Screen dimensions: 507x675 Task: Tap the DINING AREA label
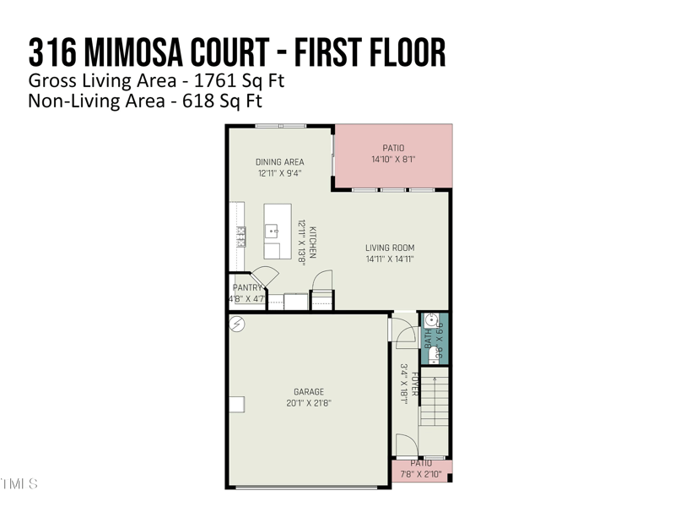click(x=279, y=162)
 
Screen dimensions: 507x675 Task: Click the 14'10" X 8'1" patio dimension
click(x=393, y=159)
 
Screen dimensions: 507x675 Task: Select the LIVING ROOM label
click(x=390, y=248)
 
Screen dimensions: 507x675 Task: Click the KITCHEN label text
click(x=311, y=242)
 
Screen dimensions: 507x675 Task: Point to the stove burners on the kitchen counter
click(x=241, y=235)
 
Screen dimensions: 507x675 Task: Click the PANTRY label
click(x=247, y=288)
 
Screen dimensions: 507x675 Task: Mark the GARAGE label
click(x=309, y=391)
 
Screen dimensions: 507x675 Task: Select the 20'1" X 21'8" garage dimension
click(x=309, y=403)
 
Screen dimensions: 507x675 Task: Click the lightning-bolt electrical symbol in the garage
click(x=238, y=324)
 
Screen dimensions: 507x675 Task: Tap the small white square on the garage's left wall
click(x=236, y=404)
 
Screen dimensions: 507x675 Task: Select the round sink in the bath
click(x=431, y=321)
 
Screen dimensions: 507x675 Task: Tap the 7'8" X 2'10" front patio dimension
click(x=421, y=474)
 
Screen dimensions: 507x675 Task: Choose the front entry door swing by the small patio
click(x=406, y=445)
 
